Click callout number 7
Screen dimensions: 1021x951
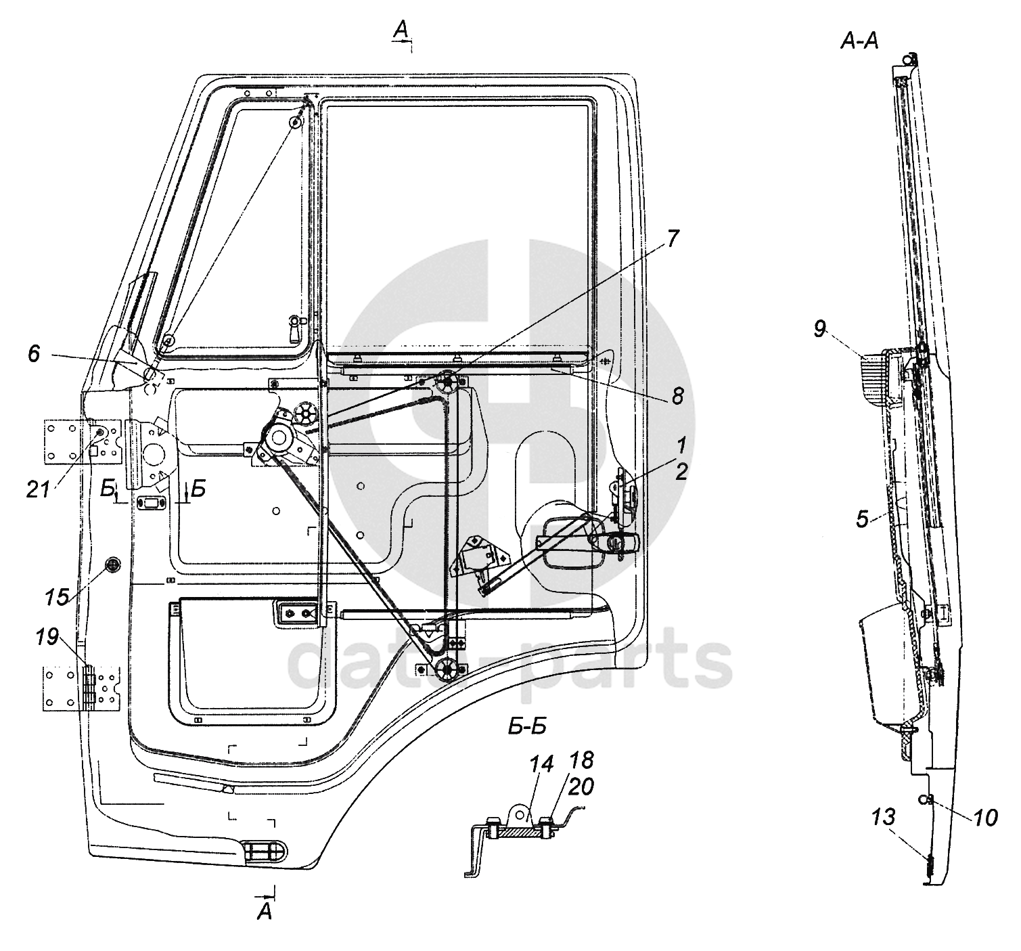click(x=673, y=239)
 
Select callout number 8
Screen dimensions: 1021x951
click(x=677, y=395)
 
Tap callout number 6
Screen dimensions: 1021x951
click(x=34, y=354)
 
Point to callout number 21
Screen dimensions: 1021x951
click(x=39, y=489)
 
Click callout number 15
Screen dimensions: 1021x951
click(x=57, y=598)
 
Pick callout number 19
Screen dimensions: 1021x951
click(x=47, y=638)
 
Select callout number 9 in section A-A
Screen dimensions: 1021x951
click(x=820, y=329)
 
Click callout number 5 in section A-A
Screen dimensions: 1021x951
click(x=863, y=519)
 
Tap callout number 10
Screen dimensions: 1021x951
click(x=985, y=818)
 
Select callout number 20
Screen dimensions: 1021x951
click(x=581, y=787)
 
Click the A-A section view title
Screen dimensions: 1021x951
click(x=859, y=41)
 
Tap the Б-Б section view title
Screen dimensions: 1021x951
click(x=527, y=727)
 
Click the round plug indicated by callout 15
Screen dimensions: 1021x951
click(x=112, y=565)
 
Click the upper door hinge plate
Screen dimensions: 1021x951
click(x=83, y=442)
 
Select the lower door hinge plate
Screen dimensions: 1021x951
click(x=82, y=688)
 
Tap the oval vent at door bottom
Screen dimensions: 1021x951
click(x=265, y=852)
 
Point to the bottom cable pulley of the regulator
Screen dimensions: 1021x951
click(x=445, y=669)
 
